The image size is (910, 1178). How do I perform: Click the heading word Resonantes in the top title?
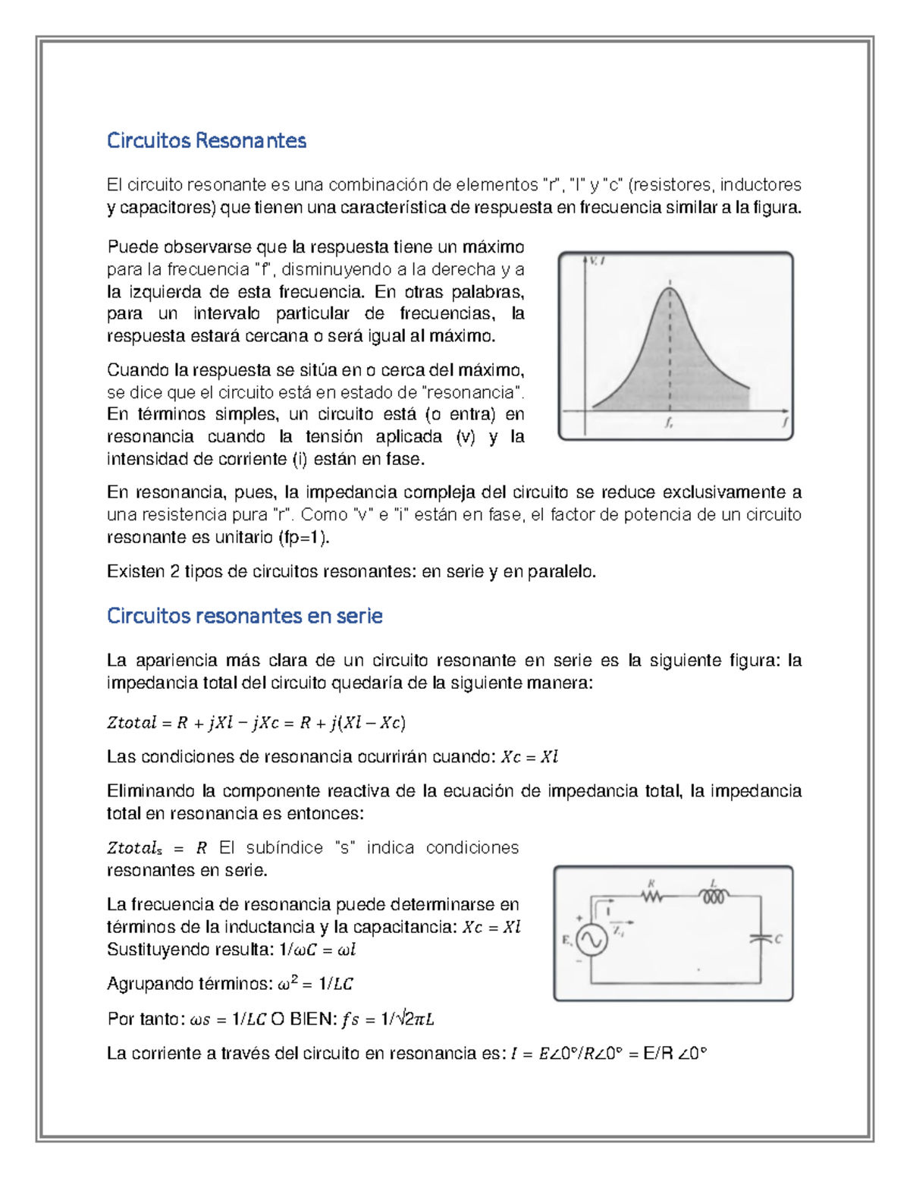click(251, 140)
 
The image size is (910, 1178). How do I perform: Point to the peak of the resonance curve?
click(670, 288)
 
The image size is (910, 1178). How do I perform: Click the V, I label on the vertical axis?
click(596, 262)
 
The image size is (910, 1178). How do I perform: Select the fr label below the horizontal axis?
click(669, 424)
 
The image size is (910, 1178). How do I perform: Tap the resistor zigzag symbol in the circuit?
click(651, 897)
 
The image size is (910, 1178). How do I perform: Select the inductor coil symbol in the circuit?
click(714, 897)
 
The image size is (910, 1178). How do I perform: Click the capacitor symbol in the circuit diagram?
click(759, 939)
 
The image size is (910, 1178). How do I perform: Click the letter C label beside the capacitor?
click(778, 939)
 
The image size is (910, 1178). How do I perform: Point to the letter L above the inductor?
click(714, 883)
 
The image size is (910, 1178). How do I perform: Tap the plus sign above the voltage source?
click(580, 919)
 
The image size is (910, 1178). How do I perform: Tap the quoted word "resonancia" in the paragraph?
click(471, 392)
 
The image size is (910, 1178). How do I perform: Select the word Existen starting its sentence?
click(134, 571)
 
